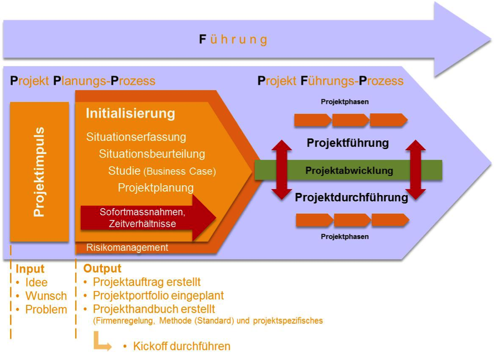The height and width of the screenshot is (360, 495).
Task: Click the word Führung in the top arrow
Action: click(233, 40)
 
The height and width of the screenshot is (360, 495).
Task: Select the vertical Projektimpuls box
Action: click(39, 172)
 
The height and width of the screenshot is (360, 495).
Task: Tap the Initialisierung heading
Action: click(130, 113)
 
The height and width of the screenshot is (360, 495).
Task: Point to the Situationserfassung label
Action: click(136, 137)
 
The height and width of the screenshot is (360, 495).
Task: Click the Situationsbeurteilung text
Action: click(152, 154)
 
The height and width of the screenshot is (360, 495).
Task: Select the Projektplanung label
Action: click(156, 187)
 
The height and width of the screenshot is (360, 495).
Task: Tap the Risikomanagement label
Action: click(127, 247)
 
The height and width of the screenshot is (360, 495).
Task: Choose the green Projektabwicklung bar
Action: click(349, 170)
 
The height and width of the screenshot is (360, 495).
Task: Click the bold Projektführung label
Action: click(348, 143)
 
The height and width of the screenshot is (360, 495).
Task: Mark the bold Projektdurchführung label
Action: click(351, 197)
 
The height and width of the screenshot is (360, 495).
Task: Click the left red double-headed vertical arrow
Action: click(281, 170)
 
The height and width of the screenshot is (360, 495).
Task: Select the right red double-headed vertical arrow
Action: click(415, 170)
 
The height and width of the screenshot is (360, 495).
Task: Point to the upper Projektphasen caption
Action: click(345, 102)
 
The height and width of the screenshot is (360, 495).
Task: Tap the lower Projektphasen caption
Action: click(345, 237)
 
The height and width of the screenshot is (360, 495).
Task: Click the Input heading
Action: click(30, 269)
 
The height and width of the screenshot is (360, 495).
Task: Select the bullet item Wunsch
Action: click(46, 296)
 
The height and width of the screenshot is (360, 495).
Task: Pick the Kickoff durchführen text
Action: click(181, 346)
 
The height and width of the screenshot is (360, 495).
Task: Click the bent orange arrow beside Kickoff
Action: click(102, 343)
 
